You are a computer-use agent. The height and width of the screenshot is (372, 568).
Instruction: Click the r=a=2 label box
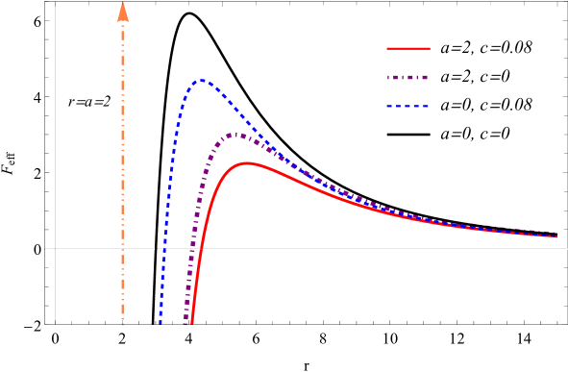(89, 101)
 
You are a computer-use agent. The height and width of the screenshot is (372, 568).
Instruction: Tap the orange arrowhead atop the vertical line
(123, 12)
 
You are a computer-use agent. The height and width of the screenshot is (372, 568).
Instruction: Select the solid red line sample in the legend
(407, 48)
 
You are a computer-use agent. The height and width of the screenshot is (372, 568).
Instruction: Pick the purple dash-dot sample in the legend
(407, 77)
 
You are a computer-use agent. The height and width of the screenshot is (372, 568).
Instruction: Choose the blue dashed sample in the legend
(407, 106)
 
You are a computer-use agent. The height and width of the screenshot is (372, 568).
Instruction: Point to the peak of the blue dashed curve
(202, 80)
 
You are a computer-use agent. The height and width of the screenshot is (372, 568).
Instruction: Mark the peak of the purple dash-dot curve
(232, 134)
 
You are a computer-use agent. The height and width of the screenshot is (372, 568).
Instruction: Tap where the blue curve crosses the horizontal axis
(164, 249)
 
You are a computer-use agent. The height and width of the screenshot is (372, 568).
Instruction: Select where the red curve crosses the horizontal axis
(201, 249)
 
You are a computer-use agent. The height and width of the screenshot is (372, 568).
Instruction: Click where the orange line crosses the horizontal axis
(123, 249)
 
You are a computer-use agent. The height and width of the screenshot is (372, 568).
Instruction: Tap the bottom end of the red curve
(191, 323)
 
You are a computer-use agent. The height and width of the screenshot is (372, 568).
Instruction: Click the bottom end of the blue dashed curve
(161, 323)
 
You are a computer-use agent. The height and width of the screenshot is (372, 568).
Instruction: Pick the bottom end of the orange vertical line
(123, 324)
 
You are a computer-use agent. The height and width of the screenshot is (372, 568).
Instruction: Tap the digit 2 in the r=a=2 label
(107, 101)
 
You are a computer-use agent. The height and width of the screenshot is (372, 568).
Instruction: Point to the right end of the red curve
(556, 236)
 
